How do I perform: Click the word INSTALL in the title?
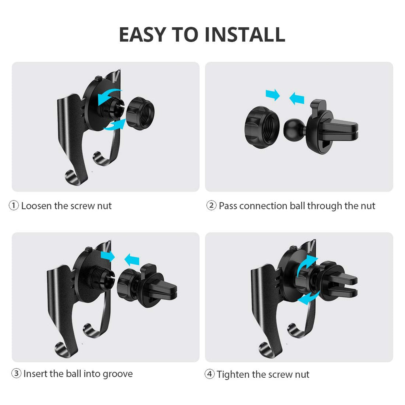pyautogui.click(x=245, y=35)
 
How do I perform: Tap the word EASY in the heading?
pyautogui.click(x=142, y=35)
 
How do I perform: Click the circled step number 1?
pyautogui.click(x=14, y=206)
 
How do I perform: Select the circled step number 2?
pyautogui.click(x=211, y=206)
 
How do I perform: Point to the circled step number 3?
pyautogui.click(x=16, y=373)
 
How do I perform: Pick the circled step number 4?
pyautogui.click(x=210, y=374)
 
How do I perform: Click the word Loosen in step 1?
pyautogui.click(x=36, y=206)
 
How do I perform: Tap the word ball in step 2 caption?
pyautogui.click(x=297, y=206)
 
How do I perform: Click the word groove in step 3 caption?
pyautogui.click(x=118, y=374)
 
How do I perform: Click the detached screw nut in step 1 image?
pyautogui.click(x=140, y=114)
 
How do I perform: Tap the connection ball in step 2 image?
pyautogui.click(x=294, y=130)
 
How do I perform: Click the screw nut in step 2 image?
pyautogui.click(x=262, y=127)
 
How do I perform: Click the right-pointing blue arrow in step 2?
pyautogui.click(x=273, y=95)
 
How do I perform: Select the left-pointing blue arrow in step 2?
pyautogui.click(x=297, y=98)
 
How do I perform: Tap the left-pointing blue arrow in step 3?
pyautogui.click(x=132, y=260)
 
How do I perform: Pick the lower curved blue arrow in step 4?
pyautogui.click(x=309, y=298)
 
